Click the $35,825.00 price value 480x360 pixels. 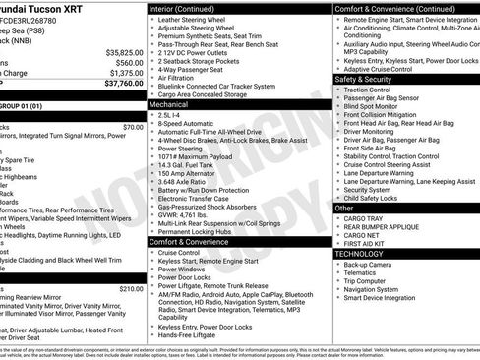coord(124,51)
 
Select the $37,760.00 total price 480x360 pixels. coord(124,83)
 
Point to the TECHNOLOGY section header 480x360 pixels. coord(359,253)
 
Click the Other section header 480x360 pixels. coord(344,208)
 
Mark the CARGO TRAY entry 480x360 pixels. coord(364,218)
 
